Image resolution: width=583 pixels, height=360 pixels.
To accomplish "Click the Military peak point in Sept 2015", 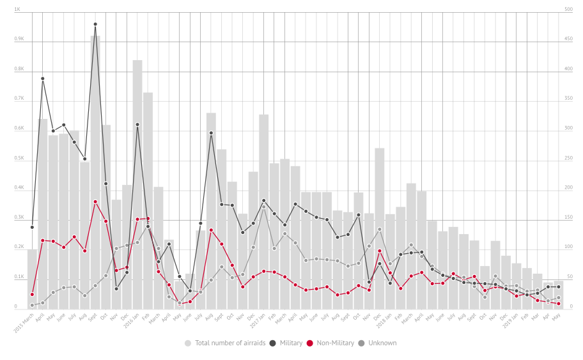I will click(x=95, y=24).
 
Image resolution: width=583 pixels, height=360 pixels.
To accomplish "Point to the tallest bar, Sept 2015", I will click(x=95, y=173).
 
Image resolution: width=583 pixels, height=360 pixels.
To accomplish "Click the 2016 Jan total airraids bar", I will click(x=137, y=185).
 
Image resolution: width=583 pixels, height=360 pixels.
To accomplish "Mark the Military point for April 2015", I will click(x=43, y=79).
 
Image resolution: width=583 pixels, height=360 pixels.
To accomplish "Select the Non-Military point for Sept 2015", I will click(x=95, y=202).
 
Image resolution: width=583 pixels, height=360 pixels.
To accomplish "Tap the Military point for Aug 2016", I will click(x=211, y=133).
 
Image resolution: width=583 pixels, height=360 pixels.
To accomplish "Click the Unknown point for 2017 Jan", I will click(x=263, y=208).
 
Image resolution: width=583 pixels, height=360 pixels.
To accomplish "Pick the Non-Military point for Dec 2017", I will click(x=380, y=251).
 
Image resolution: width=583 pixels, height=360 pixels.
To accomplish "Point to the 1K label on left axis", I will click(x=17, y=10).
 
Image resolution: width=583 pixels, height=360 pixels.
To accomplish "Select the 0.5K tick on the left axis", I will click(x=19, y=159).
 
